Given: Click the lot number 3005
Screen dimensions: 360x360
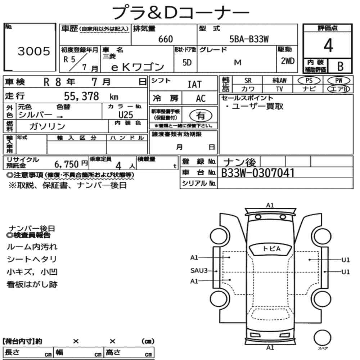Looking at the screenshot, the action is pos(34,51).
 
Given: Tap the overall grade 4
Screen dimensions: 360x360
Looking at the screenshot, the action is pos(328,45).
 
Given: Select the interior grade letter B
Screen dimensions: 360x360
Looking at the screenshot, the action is pos(340,66).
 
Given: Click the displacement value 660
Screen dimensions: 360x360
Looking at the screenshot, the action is pos(166,39).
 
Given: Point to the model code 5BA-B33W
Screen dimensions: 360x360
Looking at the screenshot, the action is pos(249,39).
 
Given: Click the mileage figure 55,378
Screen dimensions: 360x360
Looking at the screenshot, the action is pos(81,96).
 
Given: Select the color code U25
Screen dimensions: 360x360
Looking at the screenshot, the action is pos(126,115).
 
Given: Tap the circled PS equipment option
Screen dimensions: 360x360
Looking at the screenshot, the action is pos(309,81).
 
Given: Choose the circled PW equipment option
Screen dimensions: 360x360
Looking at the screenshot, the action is pos(339,81).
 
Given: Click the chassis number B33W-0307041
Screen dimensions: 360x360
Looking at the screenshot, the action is pos(258,173).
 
